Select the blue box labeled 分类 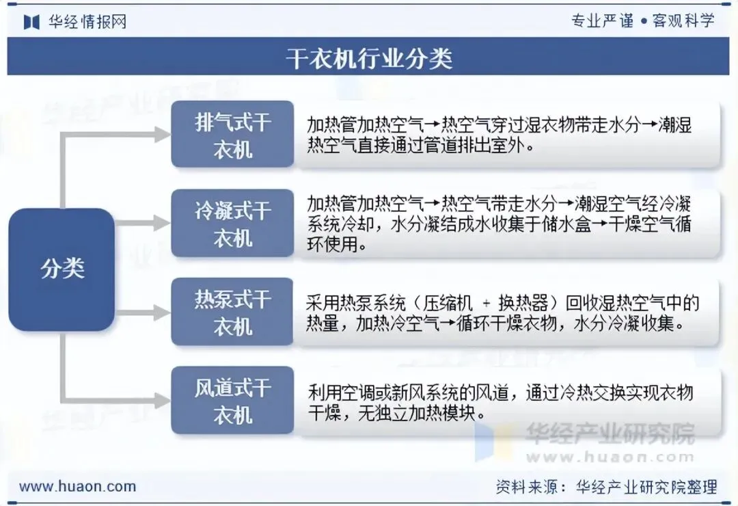click(61, 269)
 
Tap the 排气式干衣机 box click(232, 135)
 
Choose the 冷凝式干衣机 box click(232, 224)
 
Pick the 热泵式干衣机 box click(232, 312)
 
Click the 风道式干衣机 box click(232, 401)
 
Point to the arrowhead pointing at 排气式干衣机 click(162, 135)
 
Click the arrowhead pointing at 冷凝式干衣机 click(162, 224)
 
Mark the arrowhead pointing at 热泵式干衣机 click(162, 312)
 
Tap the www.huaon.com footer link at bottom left click(77, 487)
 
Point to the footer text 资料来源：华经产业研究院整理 click(607, 487)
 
